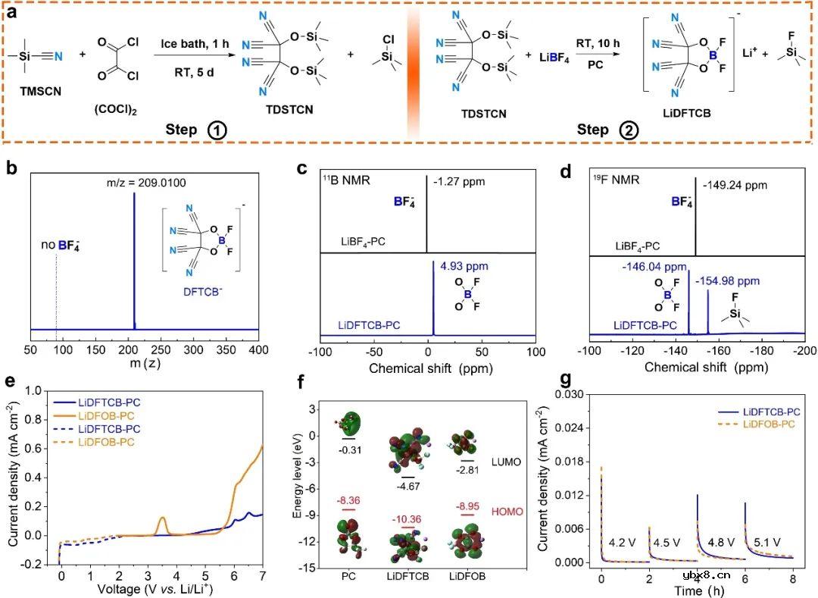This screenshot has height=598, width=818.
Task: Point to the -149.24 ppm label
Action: point(730,183)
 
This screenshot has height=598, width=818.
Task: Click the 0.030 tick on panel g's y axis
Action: point(573,394)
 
